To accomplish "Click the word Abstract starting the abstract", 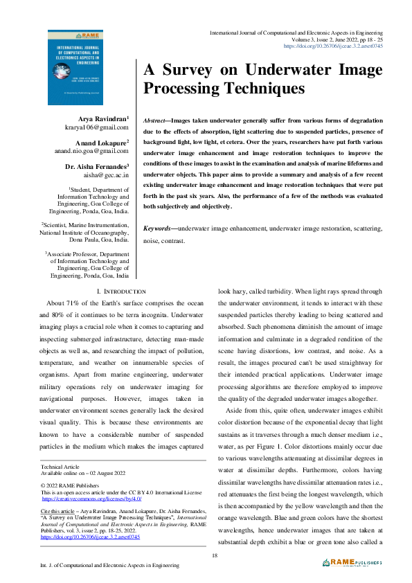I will click(156, 120).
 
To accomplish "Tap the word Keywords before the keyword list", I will click(157, 228).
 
